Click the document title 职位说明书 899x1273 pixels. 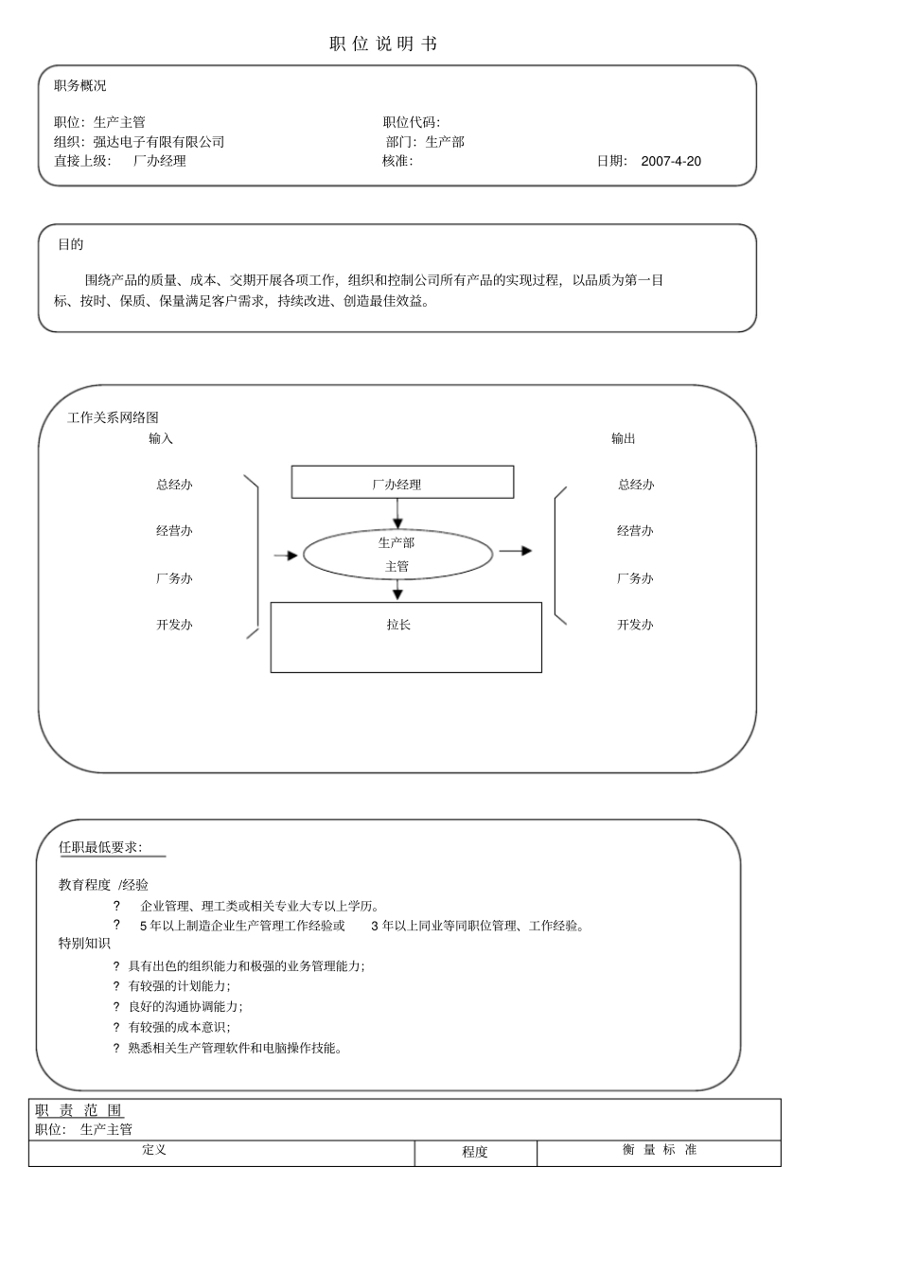(x=383, y=44)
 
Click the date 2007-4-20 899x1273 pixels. (x=671, y=161)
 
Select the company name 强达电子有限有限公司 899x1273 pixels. (x=159, y=142)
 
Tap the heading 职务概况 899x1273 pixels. (x=80, y=86)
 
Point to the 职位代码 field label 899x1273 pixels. (x=411, y=122)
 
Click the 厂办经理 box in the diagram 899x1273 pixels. (x=402, y=483)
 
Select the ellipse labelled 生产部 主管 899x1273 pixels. (x=397, y=555)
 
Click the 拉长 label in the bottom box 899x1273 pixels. (x=398, y=625)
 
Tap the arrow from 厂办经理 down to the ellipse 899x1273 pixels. (x=397, y=514)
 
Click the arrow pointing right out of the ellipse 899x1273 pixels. (x=516, y=551)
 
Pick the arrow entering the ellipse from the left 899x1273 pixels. (x=285, y=556)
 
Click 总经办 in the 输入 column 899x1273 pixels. (x=174, y=485)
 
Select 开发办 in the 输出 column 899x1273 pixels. (x=635, y=625)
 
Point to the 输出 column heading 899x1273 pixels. (x=624, y=438)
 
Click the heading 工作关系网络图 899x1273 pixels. (x=113, y=417)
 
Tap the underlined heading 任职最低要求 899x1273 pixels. (x=100, y=847)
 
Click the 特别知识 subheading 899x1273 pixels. (x=84, y=944)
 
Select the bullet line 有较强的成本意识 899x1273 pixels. (x=179, y=1027)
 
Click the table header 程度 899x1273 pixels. (x=475, y=1152)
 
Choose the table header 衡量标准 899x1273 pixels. (x=660, y=1150)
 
